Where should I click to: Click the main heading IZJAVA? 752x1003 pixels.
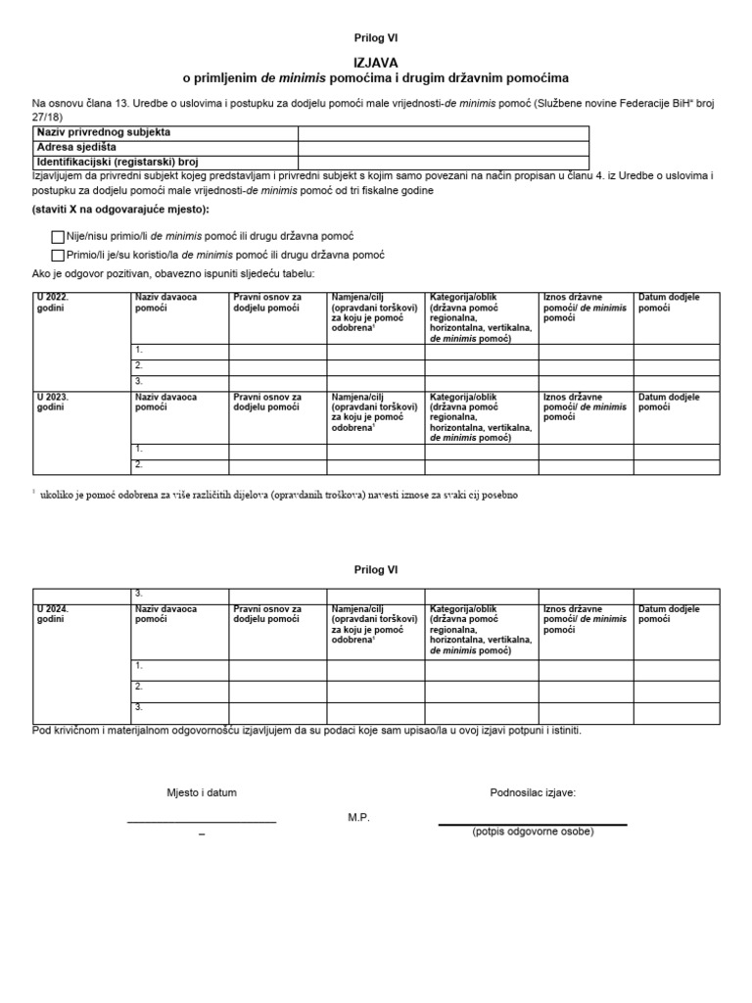(376, 61)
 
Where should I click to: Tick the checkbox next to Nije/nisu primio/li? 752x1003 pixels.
(57, 237)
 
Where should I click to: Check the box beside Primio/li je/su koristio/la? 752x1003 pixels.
(57, 255)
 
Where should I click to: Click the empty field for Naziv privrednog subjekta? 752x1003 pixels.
(443, 133)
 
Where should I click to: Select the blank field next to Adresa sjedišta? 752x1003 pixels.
(443, 148)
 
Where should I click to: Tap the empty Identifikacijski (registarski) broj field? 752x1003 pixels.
(443, 163)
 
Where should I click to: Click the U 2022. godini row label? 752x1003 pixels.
(53, 302)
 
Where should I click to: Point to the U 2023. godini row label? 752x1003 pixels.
(53, 403)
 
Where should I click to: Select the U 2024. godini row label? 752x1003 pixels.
(53, 614)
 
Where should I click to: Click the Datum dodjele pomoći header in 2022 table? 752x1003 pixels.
(669, 302)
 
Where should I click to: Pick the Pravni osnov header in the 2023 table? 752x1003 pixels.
(267, 403)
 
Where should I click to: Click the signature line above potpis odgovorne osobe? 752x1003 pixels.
(532, 825)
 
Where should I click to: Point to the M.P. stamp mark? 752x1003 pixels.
(358, 817)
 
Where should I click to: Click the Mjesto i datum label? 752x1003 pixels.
(201, 792)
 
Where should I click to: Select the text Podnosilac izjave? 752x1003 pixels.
(533, 792)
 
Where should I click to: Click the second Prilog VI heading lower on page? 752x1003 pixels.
(376, 570)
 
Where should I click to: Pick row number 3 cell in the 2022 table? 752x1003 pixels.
(179, 381)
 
